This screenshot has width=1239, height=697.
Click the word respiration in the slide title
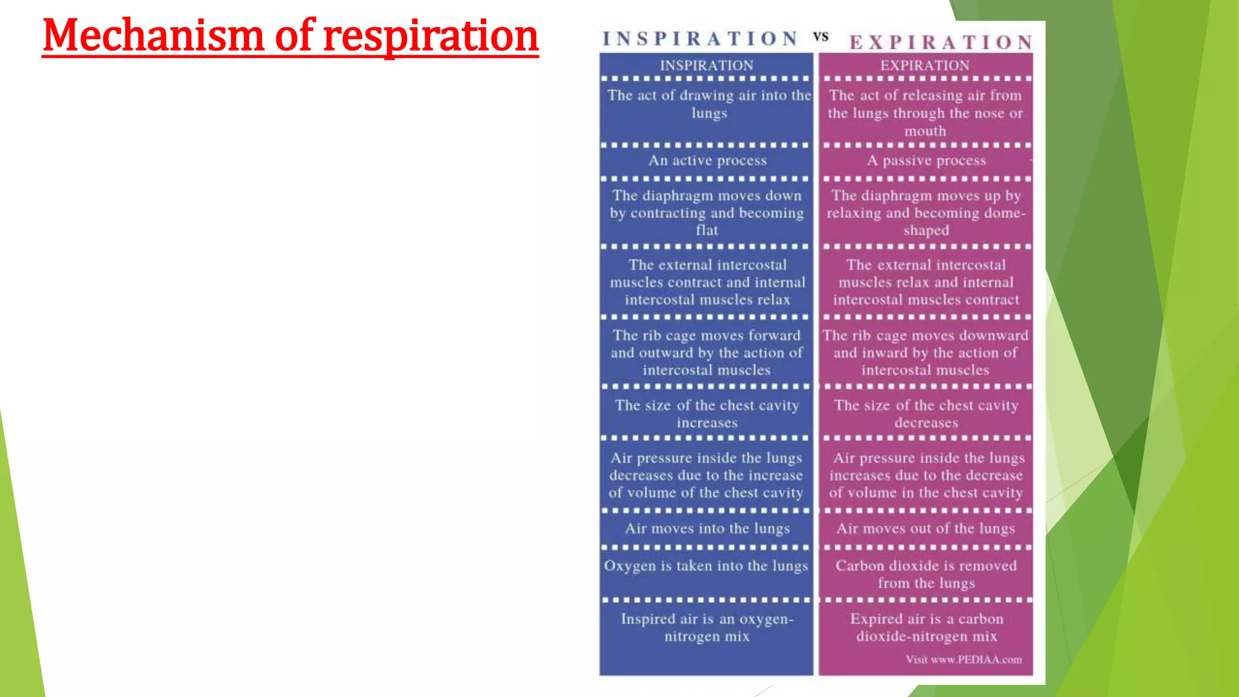431,36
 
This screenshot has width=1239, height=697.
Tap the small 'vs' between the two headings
820,37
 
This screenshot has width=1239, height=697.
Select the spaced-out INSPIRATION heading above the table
701,39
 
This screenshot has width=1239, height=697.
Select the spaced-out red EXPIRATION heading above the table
941,42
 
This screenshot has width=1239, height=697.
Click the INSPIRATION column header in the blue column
707,65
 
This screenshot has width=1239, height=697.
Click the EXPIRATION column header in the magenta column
924,65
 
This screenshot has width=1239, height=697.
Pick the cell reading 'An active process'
707,160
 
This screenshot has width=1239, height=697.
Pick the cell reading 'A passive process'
926,160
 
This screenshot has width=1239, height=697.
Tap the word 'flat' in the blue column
707,230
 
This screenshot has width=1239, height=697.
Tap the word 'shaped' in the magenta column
926,230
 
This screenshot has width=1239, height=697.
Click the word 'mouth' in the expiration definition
925,131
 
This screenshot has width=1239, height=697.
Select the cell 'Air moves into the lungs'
707,528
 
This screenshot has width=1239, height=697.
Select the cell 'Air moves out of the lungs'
926,528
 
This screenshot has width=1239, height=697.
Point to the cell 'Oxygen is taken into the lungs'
706,566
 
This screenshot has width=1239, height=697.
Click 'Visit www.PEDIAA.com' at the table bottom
964,659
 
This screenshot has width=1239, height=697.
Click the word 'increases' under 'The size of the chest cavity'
707,423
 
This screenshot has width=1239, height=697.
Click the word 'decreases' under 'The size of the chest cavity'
926,423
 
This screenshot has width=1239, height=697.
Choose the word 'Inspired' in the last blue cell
648,619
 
